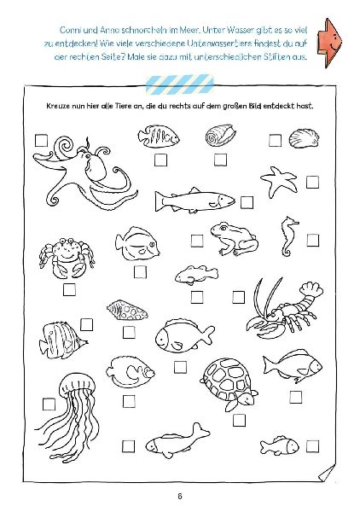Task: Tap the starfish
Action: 279,181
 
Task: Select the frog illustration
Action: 234,238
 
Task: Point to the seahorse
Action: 288,236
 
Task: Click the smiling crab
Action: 67,258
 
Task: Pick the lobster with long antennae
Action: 284,311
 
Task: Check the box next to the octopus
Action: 41,141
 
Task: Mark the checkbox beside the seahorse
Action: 313,241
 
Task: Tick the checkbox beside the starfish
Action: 312,183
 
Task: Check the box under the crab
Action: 69,289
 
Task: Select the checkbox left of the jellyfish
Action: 49,404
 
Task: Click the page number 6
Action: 179,496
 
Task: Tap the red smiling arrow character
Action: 329,43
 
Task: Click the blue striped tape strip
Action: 179,84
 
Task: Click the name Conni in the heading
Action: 69,31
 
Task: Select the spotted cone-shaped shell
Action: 127,311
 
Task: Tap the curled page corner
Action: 327,474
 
